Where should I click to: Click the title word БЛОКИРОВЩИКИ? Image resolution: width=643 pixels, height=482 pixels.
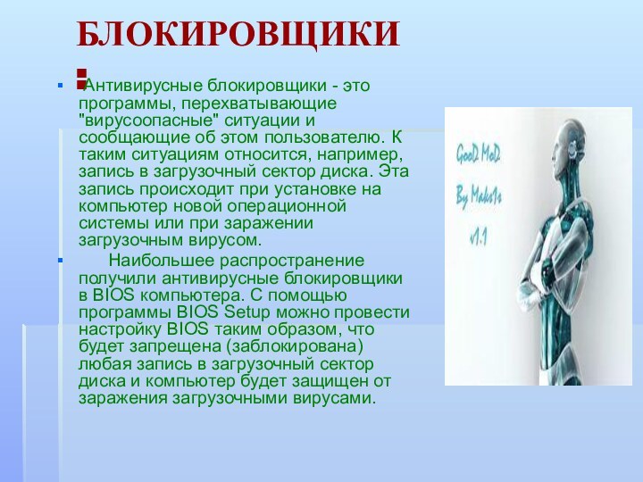point(238,35)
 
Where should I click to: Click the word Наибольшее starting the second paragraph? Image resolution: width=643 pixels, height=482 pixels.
point(159,261)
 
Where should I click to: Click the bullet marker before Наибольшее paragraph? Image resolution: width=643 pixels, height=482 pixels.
point(60,262)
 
